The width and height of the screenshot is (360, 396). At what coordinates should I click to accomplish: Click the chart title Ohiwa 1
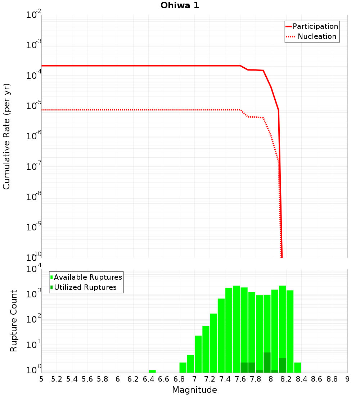[x=180, y=6]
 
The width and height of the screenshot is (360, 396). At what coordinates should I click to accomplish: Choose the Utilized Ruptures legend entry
[x=85, y=287]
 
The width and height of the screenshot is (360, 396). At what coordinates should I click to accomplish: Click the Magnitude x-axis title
[x=194, y=390]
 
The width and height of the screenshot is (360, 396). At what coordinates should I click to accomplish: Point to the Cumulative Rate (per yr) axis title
[x=6, y=136]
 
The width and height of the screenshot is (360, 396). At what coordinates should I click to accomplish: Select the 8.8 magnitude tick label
[x=332, y=379]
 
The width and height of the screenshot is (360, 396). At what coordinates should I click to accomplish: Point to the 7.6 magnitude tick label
[x=240, y=379]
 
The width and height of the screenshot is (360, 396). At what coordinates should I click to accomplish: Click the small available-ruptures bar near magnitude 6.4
[x=152, y=371]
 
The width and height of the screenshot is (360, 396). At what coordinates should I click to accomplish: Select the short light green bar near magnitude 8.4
[x=298, y=368]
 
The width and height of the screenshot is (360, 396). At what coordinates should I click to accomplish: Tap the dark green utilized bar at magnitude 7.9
[x=267, y=363]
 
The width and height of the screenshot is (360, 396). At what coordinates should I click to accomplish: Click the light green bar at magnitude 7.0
[x=198, y=354]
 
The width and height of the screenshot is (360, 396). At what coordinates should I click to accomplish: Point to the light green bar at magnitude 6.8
[x=183, y=368]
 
